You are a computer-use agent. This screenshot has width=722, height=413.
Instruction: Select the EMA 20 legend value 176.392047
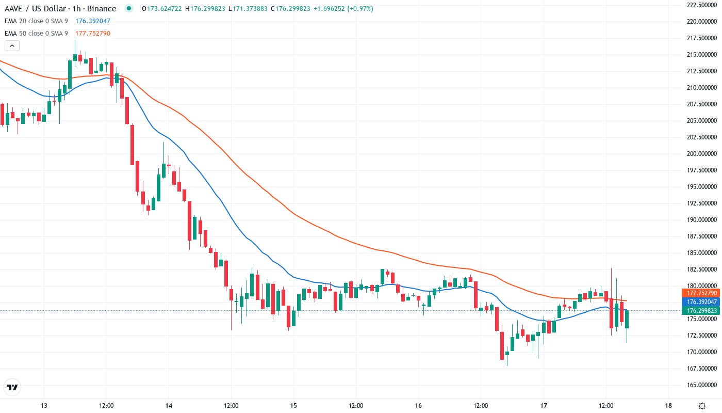coord(93,21)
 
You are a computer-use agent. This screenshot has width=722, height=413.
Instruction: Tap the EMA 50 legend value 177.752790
coord(93,34)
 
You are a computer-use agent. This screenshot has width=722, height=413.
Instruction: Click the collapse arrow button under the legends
coord(12,46)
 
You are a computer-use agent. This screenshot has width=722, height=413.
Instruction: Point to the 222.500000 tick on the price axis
coord(702,5)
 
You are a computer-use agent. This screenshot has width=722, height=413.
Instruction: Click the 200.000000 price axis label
coord(702,154)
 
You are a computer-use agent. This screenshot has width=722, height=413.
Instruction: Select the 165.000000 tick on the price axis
coord(702,385)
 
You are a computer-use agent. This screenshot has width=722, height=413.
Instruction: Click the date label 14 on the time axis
coord(169,405)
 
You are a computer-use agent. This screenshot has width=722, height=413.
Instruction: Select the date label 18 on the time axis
coord(668,405)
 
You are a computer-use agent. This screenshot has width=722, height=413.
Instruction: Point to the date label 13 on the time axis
coord(44,405)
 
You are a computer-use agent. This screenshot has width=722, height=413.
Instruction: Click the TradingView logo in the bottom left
coord(12,387)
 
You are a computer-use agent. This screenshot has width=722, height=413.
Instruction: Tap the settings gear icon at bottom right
coord(702,405)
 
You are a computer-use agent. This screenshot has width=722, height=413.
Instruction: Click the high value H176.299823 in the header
coord(205,9)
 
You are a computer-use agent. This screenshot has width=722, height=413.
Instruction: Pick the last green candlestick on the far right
coord(627,319)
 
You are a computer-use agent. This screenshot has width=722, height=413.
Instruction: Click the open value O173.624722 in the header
coord(161,9)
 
